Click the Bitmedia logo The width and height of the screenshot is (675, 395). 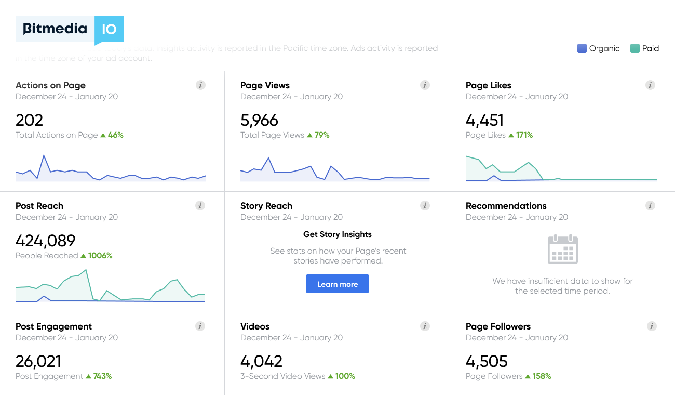[70, 29]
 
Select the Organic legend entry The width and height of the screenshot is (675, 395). [599, 48]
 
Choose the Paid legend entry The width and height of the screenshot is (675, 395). [644, 48]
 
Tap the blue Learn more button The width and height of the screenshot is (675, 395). [337, 284]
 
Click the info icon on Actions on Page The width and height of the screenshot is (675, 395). [200, 85]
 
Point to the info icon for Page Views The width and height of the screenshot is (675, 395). [425, 85]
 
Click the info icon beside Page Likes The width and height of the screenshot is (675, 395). [650, 85]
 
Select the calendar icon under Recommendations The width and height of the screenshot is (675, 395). [563, 249]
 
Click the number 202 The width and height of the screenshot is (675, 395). [30, 120]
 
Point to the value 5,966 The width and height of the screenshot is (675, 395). [260, 120]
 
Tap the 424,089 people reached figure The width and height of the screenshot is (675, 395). [46, 241]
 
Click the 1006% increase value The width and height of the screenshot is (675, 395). [100, 256]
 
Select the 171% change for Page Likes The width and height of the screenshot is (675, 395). [524, 135]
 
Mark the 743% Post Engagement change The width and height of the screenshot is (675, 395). [102, 376]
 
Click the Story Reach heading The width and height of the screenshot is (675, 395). [266, 206]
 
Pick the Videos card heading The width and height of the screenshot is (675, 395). [255, 326]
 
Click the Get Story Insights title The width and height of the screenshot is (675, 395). [337, 234]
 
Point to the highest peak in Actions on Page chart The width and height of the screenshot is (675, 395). [44, 155]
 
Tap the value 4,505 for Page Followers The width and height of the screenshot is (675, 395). [487, 361]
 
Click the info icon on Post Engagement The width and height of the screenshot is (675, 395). [200, 326]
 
